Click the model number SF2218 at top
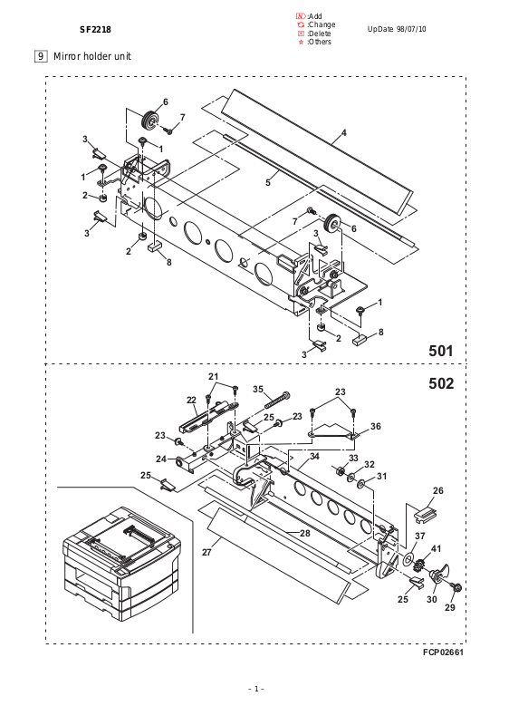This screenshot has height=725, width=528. point(95,30)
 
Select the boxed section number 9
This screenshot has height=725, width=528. point(41,56)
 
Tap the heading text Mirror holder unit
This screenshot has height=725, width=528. point(92,56)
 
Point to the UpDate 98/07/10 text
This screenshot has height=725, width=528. point(397,29)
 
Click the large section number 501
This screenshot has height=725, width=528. point(441,351)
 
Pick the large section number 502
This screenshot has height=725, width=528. point(441,383)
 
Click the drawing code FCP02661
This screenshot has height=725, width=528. point(443,652)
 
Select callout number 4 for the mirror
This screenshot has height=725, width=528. point(343,133)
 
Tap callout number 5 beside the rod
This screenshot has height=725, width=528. point(268,183)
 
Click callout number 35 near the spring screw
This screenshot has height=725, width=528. point(258,390)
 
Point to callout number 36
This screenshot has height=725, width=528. point(376,426)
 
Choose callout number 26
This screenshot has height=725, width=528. point(438,490)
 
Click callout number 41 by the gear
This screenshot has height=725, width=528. point(436,548)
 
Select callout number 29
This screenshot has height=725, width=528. point(450,607)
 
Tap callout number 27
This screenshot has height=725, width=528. point(207,552)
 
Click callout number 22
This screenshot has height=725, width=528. point(191,401)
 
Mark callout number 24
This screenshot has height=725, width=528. point(161,459)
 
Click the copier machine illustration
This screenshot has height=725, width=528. point(121,564)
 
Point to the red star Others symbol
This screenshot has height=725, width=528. point(302,42)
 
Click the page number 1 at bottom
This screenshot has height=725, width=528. point(256,689)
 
